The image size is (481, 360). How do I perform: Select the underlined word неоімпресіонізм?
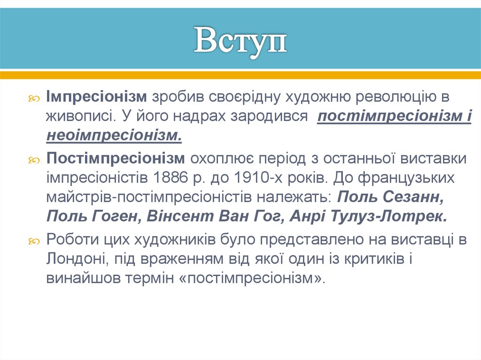(x=113, y=136)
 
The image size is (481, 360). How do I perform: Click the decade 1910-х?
(x=254, y=178)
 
